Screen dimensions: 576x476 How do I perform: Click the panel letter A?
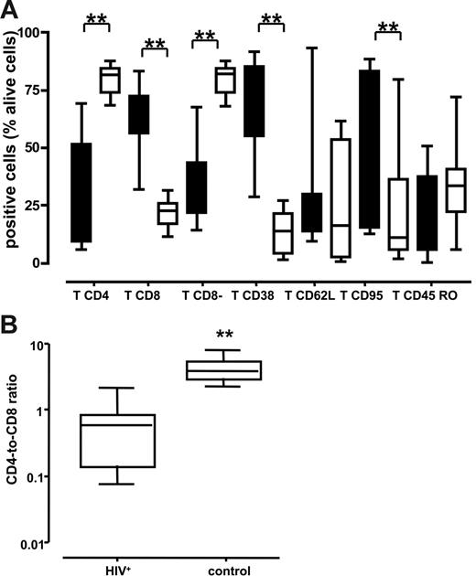[x=11, y=11]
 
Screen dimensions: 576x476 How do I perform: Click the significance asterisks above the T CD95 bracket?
[x=388, y=27]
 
